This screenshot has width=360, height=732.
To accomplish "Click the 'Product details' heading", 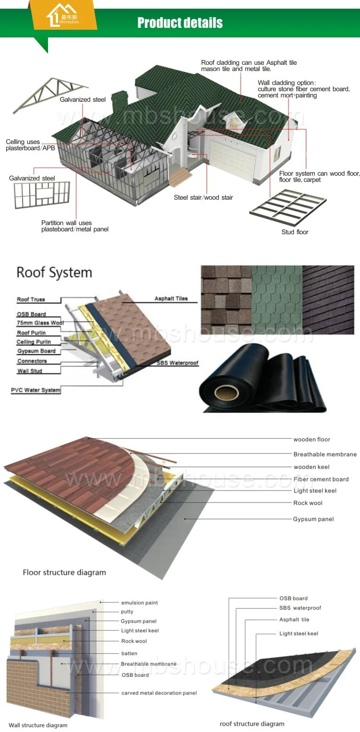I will (180, 23).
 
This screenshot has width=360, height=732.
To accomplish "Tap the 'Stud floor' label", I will (295, 232).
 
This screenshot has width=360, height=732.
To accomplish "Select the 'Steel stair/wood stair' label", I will (204, 198).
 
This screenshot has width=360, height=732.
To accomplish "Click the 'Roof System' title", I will (54, 273).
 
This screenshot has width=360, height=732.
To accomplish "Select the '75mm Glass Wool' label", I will (40, 323).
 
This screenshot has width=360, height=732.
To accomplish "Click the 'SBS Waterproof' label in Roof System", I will (177, 363).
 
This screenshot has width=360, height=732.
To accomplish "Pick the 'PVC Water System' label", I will (36, 390).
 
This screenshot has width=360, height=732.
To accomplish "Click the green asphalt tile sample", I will (277, 300).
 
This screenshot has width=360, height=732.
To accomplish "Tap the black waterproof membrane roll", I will (262, 379).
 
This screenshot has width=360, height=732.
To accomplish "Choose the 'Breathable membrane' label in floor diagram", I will (325, 454).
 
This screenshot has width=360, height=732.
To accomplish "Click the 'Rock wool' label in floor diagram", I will (308, 503).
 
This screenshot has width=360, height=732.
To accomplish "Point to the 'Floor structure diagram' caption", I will (64, 572).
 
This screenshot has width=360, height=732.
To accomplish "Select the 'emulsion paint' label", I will (139, 603).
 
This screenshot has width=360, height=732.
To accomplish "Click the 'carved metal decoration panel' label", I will (159, 693).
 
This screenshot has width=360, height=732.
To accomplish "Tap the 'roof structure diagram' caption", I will (252, 724).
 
